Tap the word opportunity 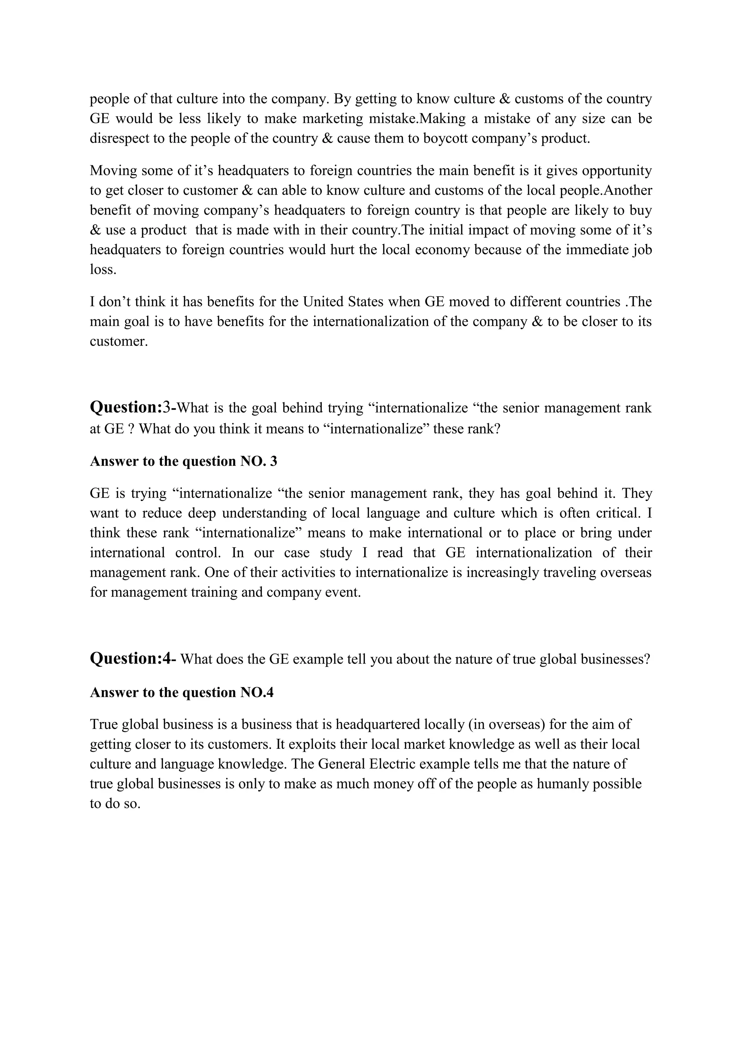click(x=617, y=170)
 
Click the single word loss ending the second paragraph click(x=102, y=269)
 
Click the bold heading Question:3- click(x=133, y=407)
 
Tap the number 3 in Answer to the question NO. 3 click(x=274, y=461)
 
